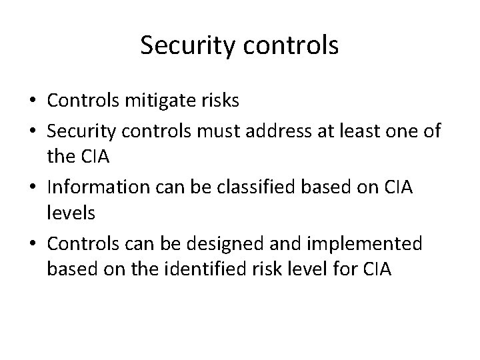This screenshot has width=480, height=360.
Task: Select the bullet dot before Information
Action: pyautogui.click(x=33, y=189)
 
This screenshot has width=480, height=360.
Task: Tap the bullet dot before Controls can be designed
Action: pyautogui.click(x=33, y=245)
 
